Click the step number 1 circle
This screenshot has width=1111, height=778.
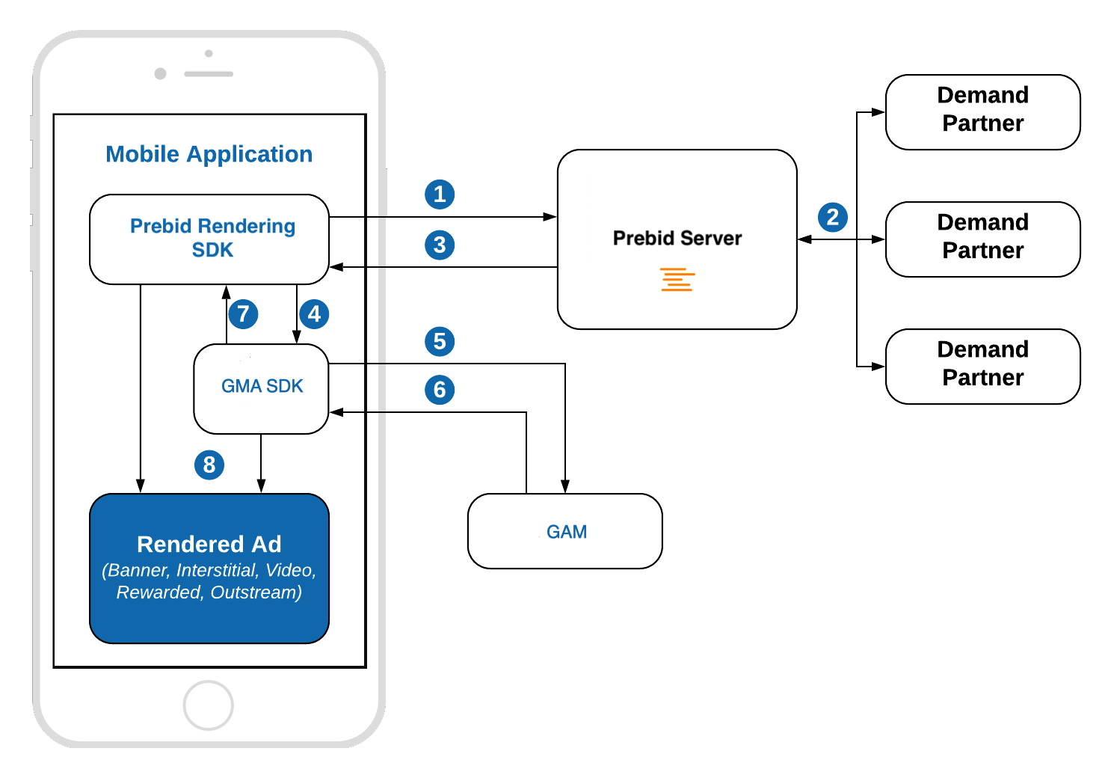[x=440, y=194]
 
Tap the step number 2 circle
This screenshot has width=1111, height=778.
[x=832, y=218]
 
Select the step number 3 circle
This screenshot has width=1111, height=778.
[x=440, y=245]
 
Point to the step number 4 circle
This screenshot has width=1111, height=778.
[x=314, y=313]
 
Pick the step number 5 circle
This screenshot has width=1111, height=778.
[x=440, y=342]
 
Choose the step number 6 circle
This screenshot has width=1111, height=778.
[x=440, y=390]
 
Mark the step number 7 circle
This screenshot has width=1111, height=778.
[x=243, y=313]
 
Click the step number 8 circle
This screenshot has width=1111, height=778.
[x=209, y=465]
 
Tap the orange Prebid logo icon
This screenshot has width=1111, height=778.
[x=677, y=279]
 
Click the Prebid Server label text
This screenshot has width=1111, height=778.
[x=677, y=238]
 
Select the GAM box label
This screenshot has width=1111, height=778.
[x=566, y=532]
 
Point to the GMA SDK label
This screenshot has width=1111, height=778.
[x=262, y=386]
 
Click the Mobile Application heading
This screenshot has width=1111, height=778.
[x=209, y=154]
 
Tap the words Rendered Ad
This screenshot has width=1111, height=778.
[x=209, y=544]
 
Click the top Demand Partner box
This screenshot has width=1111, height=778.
[x=982, y=112]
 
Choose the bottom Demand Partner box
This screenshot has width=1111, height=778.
[x=982, y=367]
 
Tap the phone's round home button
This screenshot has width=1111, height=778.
[x=209, y=705]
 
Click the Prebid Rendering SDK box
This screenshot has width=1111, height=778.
[x=209, y=239]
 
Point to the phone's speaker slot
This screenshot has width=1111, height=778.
[x=209, y=74]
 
